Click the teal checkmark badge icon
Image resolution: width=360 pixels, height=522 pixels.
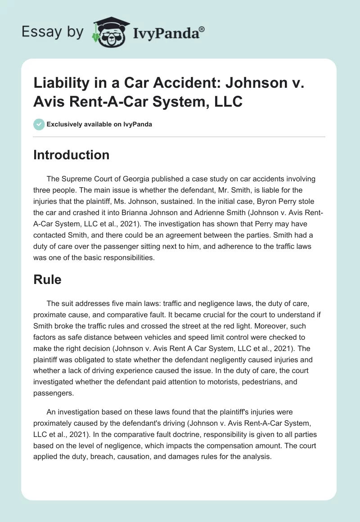39,124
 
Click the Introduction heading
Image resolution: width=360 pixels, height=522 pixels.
71,155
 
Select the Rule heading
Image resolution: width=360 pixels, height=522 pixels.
47,279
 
